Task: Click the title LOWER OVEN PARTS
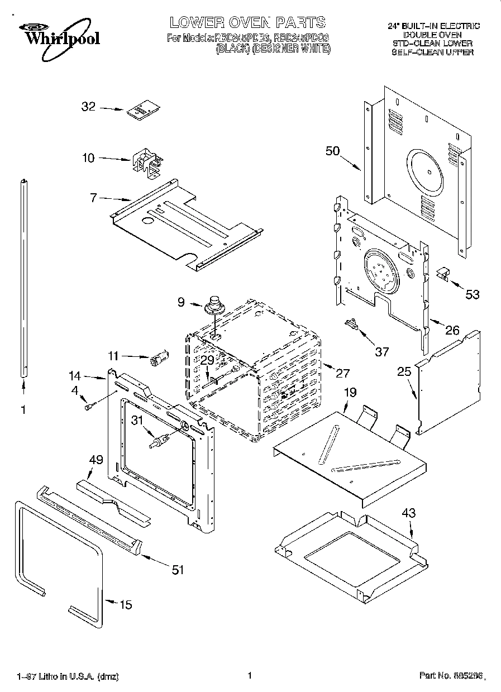point(247,22)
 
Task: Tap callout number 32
point(89,107)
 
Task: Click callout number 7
point(93,197)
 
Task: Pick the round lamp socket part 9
point(214,306)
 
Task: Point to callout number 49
point(96,459)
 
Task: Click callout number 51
point(177,569)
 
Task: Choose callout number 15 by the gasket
point(126,604)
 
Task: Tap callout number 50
point(333,151)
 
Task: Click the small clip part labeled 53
point(442,274)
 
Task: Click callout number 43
point(409,513)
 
